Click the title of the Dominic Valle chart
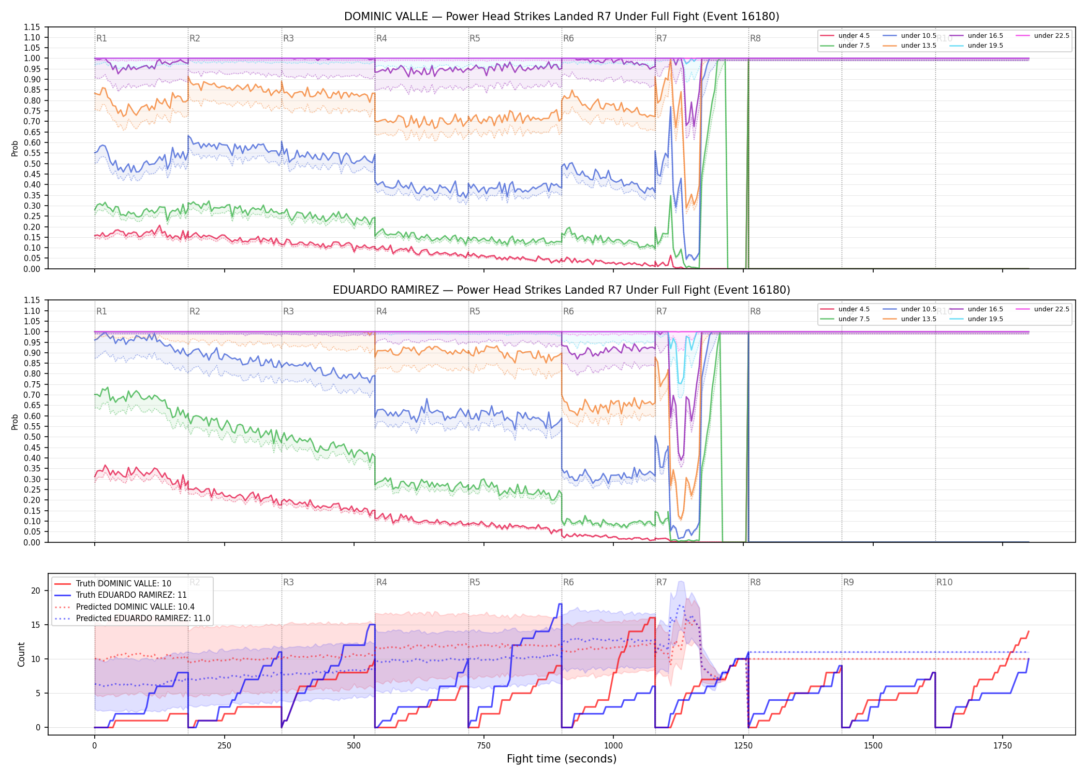point(562,17)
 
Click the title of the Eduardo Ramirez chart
point(562,290)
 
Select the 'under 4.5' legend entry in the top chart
point(845,36)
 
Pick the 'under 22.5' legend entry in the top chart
point(1042,36)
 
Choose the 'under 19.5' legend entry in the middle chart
point(976,319)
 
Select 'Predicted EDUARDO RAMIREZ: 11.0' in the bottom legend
point(133,618)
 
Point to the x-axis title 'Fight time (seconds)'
point(562,759)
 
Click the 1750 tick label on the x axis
point(1003,746)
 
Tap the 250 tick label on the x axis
point(224,746)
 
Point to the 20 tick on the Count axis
point(36,591)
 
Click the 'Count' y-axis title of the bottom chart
point(21,654)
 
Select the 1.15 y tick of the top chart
point(32,27)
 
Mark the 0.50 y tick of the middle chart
point(32,437)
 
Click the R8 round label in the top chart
point(755,38)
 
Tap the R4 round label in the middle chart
point(381,311)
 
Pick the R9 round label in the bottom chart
point(848,582)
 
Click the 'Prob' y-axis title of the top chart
point(15,148)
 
